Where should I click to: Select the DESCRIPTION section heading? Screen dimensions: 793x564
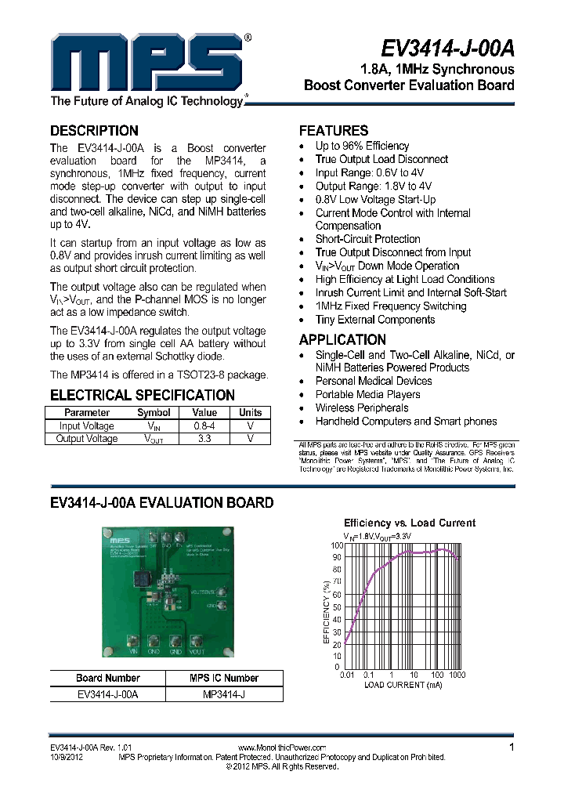tap(94, 131)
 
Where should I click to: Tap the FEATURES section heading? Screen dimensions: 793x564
tap(333, 131)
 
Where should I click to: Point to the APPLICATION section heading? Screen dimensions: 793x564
tap(342, 340)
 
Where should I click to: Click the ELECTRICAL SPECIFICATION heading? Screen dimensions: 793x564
tap(142, 396)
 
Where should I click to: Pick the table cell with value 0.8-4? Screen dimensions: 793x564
tap(204, 426)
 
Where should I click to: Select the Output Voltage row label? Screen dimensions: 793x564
tap(87, 439)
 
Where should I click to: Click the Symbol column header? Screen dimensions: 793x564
tap(154, 413)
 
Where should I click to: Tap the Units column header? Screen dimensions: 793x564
tap(251, 413)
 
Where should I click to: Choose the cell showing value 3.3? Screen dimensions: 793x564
tap(204, 439)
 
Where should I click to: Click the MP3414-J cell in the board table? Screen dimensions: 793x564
tap(224, 694)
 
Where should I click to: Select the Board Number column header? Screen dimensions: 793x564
tap(108, 679)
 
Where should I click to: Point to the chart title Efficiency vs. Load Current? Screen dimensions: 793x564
tap(410, 523)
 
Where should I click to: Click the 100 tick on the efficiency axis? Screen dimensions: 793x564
tap(335, 545)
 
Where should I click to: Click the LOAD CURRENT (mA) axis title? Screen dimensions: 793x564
tap(403, 684)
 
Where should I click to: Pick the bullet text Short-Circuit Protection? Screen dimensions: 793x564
tap(367, 239)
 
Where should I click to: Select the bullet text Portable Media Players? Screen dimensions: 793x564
tap(367, 394)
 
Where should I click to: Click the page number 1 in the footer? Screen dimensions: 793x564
tap(512, 748)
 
